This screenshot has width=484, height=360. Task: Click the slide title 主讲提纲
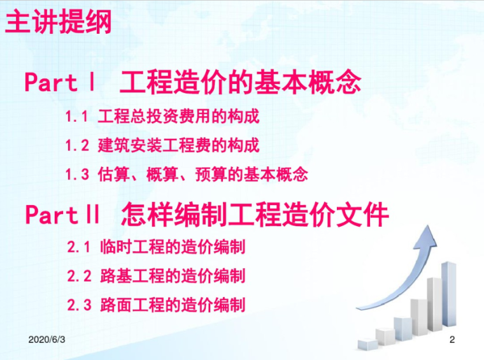59,22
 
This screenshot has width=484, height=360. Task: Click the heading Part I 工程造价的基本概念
193,83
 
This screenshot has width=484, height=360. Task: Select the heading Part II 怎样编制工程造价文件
207,215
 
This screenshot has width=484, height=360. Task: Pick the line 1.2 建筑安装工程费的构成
162,145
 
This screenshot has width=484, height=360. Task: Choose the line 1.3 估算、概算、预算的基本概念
186,174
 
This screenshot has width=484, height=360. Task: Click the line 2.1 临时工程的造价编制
156,247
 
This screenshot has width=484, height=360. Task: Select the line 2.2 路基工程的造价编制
156,276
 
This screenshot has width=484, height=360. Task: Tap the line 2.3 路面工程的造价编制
156,305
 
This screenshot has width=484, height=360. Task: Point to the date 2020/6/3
47,340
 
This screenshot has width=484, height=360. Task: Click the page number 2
452,340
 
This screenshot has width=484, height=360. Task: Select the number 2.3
80,305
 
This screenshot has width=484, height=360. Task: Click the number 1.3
76,174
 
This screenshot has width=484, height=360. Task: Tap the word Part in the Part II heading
52,215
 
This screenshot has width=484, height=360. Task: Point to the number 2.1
80,247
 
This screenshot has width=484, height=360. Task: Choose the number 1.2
76,145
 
